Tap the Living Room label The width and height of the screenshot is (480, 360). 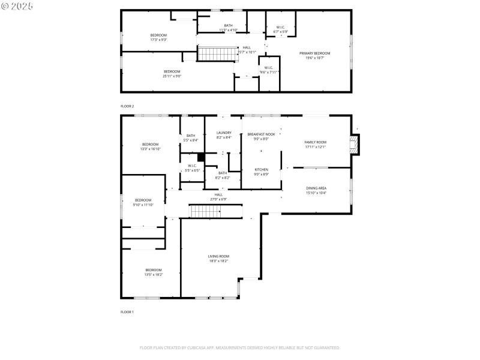(218, 256)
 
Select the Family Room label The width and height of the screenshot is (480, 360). (315, 142)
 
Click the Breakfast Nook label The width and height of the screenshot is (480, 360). (261, 134)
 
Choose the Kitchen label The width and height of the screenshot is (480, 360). (261, 170)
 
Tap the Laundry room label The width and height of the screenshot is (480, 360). (224, 133)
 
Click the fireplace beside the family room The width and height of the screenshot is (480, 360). (356, 144)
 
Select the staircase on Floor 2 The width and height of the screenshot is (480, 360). (211, 54)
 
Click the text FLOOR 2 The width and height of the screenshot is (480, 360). (127, 106)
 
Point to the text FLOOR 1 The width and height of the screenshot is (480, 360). (127, 312)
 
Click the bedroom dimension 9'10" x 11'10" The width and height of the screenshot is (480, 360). (143, 205)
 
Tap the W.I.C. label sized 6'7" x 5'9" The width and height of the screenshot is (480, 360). (281, 31)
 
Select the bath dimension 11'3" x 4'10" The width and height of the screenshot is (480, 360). (228, 29)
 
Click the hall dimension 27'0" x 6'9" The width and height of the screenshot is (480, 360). (218, 199)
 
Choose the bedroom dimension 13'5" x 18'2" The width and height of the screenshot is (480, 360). (154, 274)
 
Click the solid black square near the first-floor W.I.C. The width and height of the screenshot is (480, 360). (202, 157)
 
